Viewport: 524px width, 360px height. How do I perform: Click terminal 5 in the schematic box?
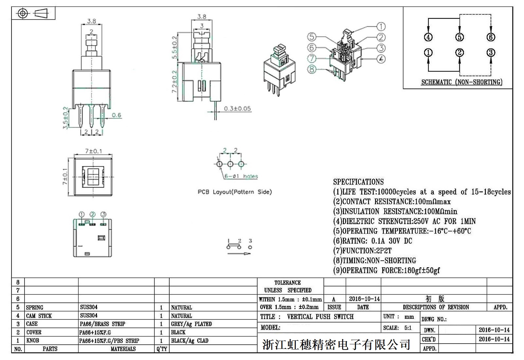[459, 37]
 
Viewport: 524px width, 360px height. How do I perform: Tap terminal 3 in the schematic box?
[491, 53]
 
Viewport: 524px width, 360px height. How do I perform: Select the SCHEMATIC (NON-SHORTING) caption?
[461, 82]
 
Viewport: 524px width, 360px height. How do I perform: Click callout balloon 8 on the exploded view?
[312, 69]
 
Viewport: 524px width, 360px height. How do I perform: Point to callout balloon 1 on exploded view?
[381, 27]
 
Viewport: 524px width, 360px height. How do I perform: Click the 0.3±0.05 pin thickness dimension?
[237, 109]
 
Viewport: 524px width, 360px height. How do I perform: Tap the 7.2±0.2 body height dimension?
[174, 81]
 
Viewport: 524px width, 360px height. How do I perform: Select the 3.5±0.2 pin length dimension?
[65, 118]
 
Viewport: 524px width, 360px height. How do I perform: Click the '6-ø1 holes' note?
[241, 176]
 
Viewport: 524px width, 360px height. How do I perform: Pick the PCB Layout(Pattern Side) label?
[234, 192]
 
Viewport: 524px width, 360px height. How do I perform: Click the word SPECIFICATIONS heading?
[358, 182]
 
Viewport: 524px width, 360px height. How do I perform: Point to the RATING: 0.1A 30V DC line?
[372, 241]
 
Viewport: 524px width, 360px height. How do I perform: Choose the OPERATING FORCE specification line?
[386, 271]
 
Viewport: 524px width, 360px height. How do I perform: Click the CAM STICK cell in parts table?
[39, 316]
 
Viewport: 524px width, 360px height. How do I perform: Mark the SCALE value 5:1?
[408, 328]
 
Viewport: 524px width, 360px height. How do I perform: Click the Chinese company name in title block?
[336, 344]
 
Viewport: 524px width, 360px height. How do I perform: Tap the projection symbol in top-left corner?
[33, 13]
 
